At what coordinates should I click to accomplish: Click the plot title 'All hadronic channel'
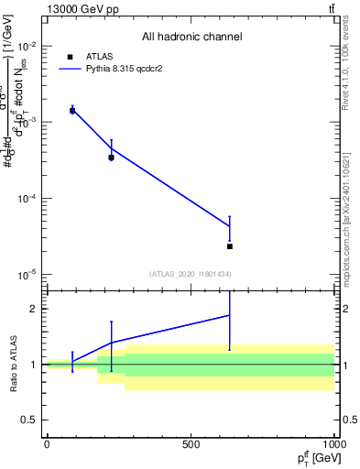(x=191, y=37)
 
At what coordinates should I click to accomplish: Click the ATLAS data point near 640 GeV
(x=230, y=246)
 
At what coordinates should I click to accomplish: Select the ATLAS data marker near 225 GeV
(x=112, y=158)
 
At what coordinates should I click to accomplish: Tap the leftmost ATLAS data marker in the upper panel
(x=72, y=111)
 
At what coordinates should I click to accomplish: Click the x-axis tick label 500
(x=191, y=444)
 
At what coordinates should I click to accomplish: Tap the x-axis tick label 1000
(x=333, y=444)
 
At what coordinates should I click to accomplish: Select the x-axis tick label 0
(x=47, y=444)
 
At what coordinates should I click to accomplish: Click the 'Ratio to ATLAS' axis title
(x=14, y=364)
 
